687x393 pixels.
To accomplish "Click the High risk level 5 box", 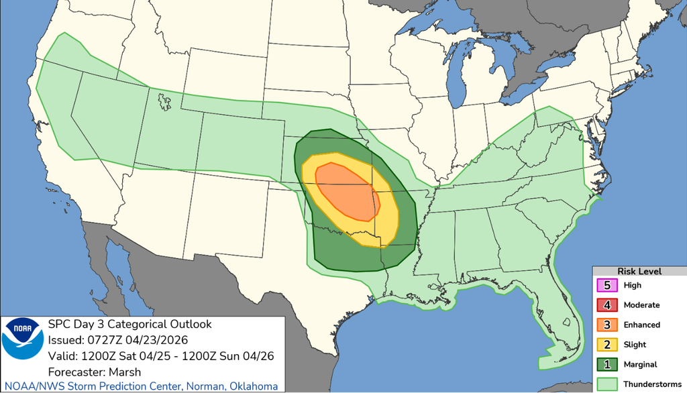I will point(607,285).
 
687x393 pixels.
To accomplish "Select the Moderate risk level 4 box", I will point(607,305).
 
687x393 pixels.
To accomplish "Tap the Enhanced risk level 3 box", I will point(607,325).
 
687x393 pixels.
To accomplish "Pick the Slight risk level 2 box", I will point(607,344).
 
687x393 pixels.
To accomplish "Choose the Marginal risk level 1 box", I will point(607,364).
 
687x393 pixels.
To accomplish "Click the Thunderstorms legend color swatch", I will point(607,384).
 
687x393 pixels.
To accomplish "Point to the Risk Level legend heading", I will point(639,271).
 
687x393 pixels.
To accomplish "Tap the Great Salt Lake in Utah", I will point(164,101).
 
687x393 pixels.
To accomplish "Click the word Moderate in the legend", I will point(641,305).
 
